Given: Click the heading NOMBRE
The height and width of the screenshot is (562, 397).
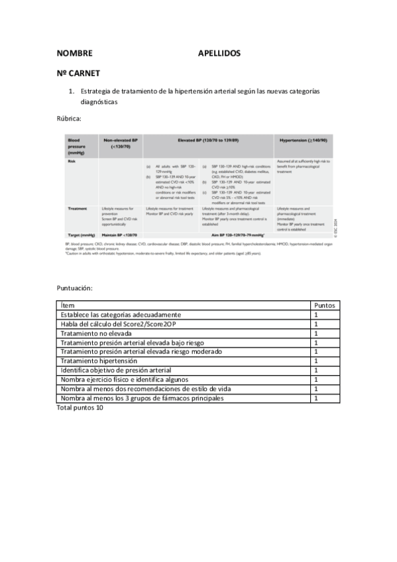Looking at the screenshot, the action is pos(74,53).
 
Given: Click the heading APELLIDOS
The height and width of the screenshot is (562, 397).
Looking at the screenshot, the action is pos(219,53).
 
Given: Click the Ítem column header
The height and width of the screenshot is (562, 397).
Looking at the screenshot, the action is pos(68,305).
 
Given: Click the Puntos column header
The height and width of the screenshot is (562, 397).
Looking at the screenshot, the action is pos(325,305).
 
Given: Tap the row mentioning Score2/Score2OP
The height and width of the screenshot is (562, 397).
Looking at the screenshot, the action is pos(119,323).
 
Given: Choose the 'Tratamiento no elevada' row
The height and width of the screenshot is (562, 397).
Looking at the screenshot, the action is pos(95,333).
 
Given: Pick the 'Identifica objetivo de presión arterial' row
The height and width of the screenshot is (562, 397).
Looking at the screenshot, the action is pos(116,370).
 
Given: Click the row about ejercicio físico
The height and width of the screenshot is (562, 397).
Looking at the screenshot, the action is pos(129,379).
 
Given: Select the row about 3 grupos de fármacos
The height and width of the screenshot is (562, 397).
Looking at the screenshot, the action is pos(142,398).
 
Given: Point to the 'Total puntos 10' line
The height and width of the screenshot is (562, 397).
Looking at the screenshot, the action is pos(80,408).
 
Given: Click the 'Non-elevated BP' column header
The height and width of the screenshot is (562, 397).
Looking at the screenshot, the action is pos(120,143).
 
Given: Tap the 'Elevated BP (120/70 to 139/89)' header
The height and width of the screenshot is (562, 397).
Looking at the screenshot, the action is pos(207,140).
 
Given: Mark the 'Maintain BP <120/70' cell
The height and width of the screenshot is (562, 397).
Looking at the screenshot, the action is pos(120,235).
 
